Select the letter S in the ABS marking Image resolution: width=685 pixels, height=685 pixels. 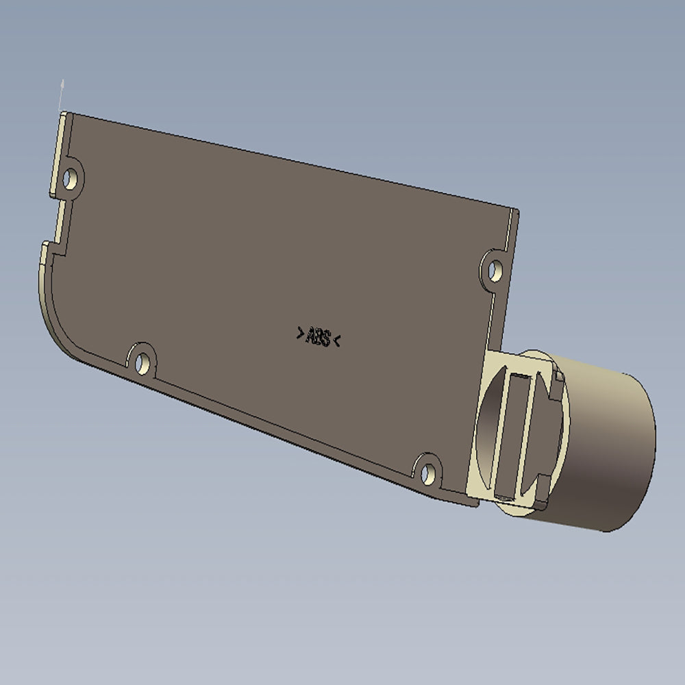(x=326, y=338)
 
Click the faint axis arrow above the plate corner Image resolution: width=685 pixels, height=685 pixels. (x=62, y=89)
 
